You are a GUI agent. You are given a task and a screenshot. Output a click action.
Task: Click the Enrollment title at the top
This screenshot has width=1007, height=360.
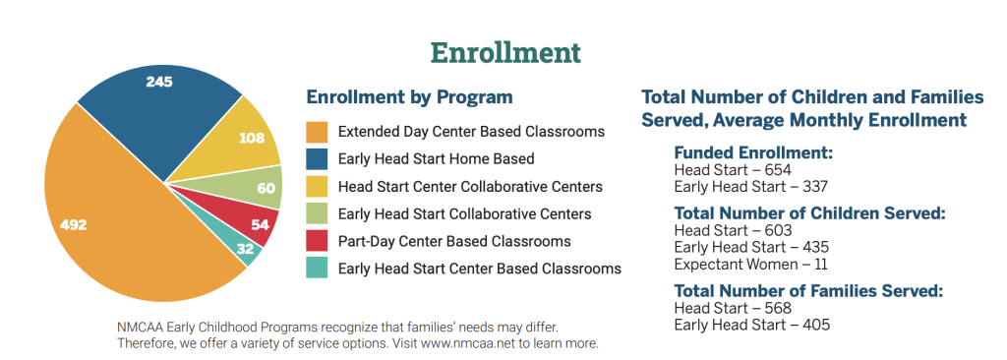click(x=505, y=53)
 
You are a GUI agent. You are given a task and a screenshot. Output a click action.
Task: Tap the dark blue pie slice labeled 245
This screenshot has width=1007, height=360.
click(x=160, y=116)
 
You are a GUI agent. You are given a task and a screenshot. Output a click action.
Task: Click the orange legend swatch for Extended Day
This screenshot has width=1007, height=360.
click(x=317, y=133)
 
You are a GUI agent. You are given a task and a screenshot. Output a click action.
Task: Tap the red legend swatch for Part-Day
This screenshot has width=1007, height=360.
click(x=317, y=242)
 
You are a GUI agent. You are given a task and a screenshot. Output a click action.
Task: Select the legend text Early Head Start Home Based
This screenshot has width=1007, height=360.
click(x=436, y=158)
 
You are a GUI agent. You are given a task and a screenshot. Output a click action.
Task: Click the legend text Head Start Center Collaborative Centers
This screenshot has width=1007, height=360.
click(x=470, y=187)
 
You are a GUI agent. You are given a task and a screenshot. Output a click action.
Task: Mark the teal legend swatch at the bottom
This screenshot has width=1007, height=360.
click(x=317, y=269)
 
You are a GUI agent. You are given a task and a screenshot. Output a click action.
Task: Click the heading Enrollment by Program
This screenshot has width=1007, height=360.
click(x=410, y=97)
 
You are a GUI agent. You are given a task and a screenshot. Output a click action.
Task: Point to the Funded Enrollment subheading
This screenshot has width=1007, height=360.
click(x=753, y=153)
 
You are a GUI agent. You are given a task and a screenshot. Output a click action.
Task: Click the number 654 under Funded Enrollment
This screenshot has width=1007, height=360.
click(x=779, y=170)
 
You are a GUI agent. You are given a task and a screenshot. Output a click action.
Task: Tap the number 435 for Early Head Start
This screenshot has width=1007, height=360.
click(x=815, y=248)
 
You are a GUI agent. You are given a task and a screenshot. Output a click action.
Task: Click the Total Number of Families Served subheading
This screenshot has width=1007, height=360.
click(x=808, y=291)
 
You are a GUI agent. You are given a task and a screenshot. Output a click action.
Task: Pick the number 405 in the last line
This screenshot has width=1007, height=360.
click(x=815, y=325)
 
